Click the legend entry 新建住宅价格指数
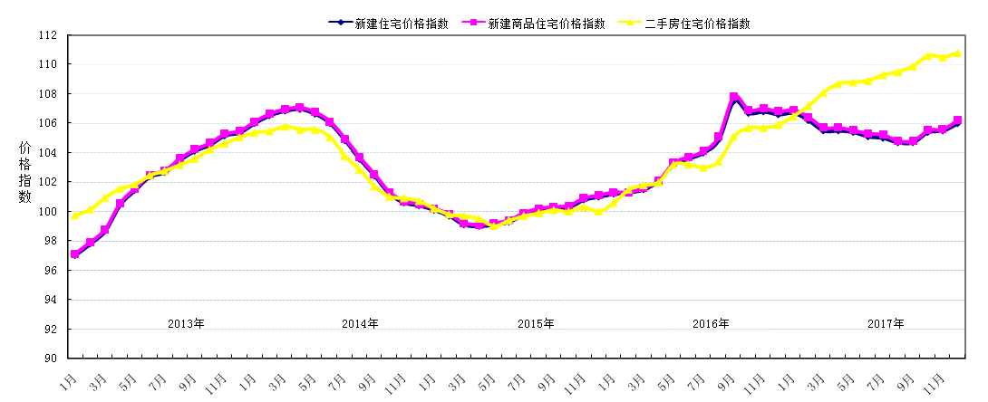pos(399,23)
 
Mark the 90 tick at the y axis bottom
pos(50,359)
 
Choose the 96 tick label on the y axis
pos(50,271)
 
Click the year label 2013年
pos(187,323)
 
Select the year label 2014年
pos(361,323)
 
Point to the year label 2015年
pos(536,323)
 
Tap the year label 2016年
pos(711,323)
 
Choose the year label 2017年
pos(886,323)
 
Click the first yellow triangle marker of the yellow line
pos(75,215)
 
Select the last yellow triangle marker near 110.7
pos(958,53)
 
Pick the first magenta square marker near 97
pos(75,254)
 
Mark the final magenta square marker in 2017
pos(958,120)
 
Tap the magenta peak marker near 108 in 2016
pos(734,97)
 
